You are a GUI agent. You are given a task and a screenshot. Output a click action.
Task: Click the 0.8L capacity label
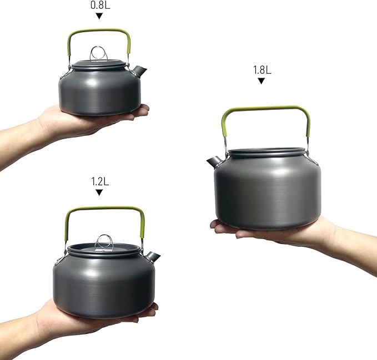[100, 5]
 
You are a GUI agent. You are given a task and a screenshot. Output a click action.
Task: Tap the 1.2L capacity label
[100, 181]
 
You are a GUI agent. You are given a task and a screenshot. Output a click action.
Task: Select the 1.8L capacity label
[262, 70]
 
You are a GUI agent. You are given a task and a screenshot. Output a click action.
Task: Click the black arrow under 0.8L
[99, 16]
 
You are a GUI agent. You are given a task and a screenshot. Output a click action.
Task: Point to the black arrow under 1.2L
[99, 192]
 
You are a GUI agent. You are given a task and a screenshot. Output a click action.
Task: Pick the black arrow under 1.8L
[261, 81]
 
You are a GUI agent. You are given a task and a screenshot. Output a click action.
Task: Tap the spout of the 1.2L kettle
[153, 256]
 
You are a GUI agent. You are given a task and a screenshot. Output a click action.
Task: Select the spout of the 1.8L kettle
[214, 162]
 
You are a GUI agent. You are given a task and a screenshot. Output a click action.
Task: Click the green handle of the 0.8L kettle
[99, 31]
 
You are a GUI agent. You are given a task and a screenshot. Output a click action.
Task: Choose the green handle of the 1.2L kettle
[105, 208]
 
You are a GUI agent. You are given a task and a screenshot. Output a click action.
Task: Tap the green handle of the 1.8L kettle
[265, 108]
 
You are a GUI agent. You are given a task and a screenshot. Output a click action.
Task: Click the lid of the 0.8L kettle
[99, 64]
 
